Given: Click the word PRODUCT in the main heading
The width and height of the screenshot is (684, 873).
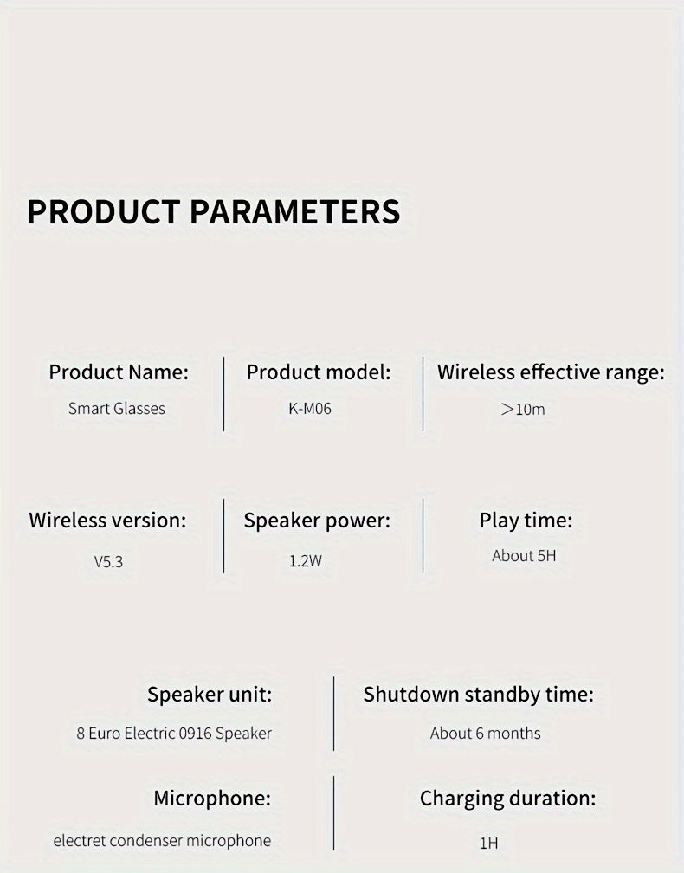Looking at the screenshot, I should (x=103, y=211).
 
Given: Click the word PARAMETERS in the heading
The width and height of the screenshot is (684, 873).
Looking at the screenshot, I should (x=294, y=211).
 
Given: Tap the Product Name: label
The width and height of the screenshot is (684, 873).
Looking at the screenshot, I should (x=118, y=372).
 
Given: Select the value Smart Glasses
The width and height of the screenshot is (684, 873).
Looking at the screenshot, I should (x=117, y=408).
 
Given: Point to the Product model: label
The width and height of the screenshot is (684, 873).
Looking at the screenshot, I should (x=319, y=372).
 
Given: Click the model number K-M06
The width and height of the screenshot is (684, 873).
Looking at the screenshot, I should (x=310, y=408).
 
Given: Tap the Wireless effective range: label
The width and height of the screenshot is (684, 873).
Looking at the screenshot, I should (x=551, y=372).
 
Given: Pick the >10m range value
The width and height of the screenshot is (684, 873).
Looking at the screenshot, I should (x=523, y=409).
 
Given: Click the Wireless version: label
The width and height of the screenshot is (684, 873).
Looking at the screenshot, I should (x=107, y=521).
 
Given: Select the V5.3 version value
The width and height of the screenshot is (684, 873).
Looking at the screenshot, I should (x=108, y=561).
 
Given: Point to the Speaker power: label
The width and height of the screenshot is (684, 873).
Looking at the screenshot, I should (x=317, y=521).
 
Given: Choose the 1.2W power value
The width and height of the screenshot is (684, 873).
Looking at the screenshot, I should (x=305, y=561).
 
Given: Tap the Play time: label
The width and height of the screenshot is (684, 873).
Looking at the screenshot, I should (x=526, y=521).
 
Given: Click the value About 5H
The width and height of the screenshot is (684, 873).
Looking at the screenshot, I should (x=524, y=556).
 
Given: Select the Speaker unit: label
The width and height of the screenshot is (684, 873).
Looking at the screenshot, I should (x=210, y=695).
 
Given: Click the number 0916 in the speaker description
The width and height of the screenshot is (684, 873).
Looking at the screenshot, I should (x=195, y=734).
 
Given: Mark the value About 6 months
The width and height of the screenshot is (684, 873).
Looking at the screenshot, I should (x=485, y=734).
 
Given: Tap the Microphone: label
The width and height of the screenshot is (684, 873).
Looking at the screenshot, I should (x=212, y=798).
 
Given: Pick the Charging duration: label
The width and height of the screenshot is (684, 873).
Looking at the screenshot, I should (x=507, y=798).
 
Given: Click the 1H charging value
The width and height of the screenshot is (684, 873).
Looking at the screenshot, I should (x=488, y=843).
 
